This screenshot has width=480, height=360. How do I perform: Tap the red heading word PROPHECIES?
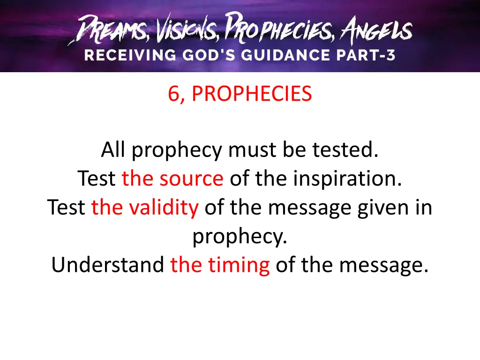coord(252,94)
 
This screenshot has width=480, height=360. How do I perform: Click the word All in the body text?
coord(114,150)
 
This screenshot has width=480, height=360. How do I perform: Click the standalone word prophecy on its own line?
coord(240,237)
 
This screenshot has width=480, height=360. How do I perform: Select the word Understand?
coord(107,265)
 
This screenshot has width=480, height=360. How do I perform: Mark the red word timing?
coord(239,265)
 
